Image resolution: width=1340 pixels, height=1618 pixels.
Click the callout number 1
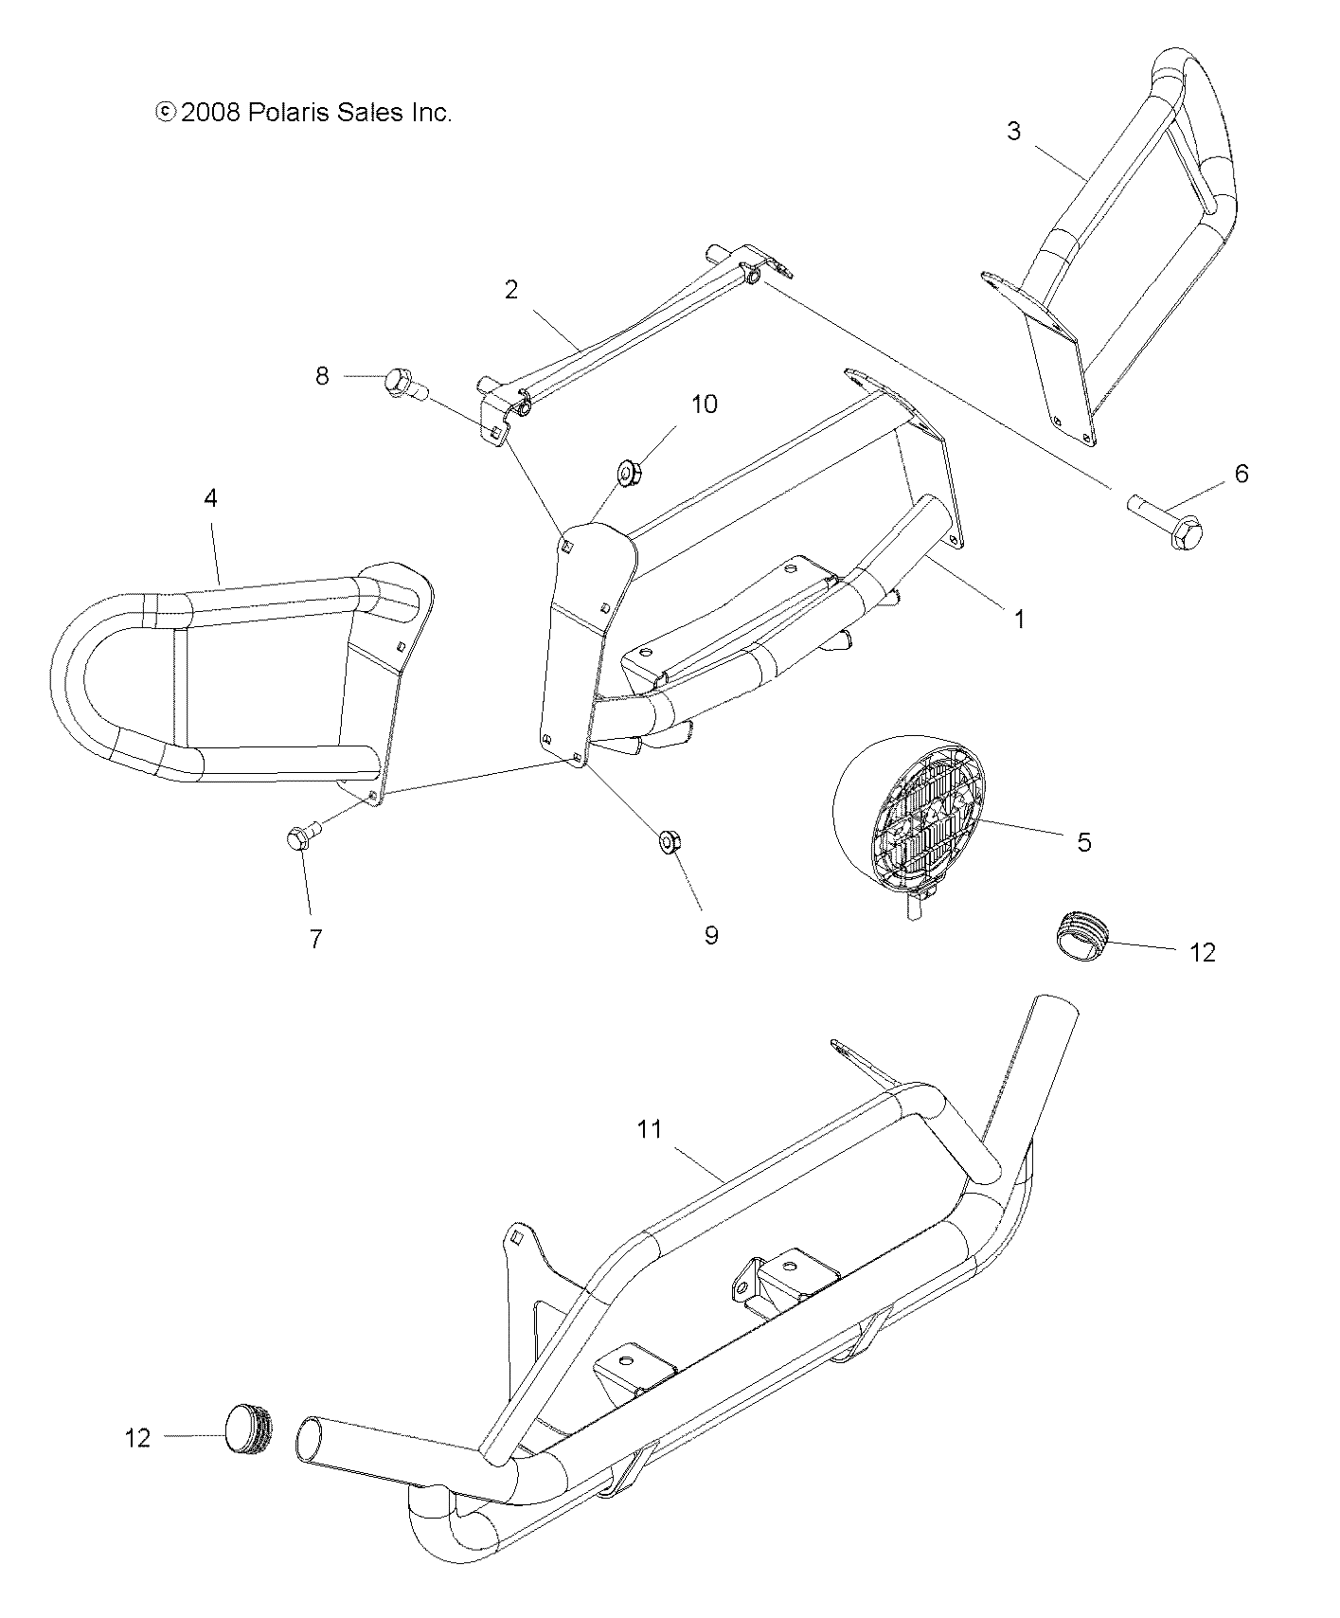pos(1019,620)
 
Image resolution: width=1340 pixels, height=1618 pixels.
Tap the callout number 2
pos(511,290)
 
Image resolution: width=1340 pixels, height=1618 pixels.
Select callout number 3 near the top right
pos(1013,131)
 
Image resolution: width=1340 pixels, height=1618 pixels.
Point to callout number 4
pos(210,497)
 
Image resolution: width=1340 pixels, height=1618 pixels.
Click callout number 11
pos(649,1129)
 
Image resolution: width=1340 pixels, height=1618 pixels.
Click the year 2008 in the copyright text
pos(211,113)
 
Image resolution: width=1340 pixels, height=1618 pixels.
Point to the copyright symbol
pos(165,113)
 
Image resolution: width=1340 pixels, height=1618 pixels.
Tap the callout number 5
pos(1084,841)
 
